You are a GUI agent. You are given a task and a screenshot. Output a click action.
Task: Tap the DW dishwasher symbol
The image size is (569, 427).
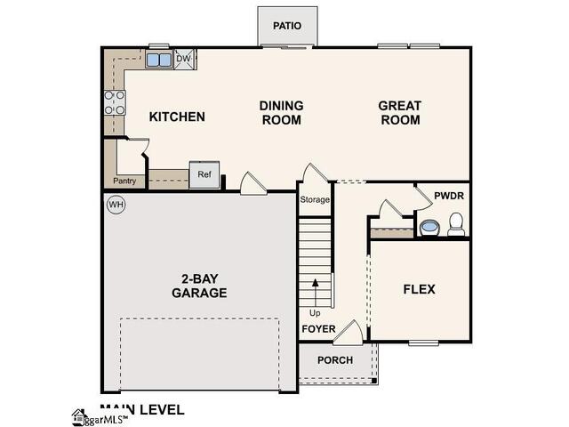185,60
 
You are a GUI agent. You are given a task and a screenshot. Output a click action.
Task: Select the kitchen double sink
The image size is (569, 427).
159,60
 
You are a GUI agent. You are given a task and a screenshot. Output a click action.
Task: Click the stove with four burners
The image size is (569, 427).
115,103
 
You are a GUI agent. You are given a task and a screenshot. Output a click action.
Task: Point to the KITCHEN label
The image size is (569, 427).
177,117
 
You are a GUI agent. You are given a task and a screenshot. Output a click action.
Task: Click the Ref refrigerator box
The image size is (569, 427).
204,175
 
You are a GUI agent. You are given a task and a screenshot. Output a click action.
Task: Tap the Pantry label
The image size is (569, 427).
124,181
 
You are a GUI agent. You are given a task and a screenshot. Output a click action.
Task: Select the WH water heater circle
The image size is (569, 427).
115,205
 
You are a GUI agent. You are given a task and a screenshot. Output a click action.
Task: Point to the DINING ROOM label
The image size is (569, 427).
281,112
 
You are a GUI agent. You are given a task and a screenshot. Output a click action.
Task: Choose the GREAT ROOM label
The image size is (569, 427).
399,112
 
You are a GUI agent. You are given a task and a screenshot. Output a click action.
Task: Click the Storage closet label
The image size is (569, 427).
314,199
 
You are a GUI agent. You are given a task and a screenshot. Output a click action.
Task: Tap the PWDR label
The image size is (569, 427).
449,196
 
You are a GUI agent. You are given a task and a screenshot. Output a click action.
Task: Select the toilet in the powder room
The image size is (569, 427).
456,224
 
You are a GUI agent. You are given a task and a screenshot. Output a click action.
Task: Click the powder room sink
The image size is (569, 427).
429,228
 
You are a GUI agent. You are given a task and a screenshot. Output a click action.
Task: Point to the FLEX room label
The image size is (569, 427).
419,289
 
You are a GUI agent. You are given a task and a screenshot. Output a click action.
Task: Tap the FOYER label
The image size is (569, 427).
317,329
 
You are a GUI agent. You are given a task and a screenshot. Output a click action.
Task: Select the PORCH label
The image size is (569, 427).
334,360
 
